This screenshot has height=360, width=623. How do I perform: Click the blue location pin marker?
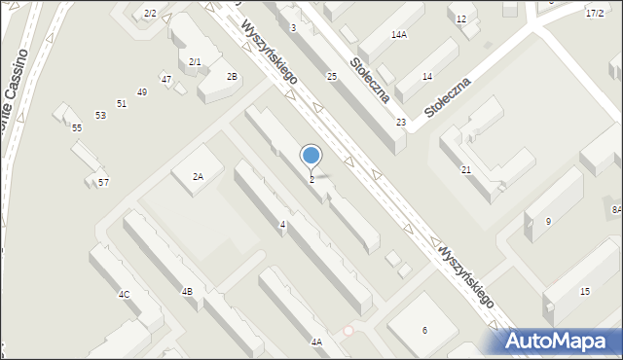click(311, 156)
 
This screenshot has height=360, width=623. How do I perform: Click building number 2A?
click(198, 176)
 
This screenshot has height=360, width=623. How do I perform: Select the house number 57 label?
click(103, 183)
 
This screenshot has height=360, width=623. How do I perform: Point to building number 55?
click(77, 127)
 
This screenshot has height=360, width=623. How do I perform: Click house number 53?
click(100, 115)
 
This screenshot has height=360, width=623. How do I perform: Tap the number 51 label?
click(122, 103)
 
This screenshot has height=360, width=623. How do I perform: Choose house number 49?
click(142, 91)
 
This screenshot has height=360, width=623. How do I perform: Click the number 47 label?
click(166, 79)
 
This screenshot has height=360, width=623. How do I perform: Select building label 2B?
click(232, 76)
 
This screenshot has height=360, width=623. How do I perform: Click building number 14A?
click(398, 34)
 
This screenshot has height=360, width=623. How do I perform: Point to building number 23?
click(401, 122)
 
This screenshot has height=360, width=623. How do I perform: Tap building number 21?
click(466, 170)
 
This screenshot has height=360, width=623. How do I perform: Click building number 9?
click(548, 222)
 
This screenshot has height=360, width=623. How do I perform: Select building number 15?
click(584, 292)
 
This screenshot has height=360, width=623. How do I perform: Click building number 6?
click(424, 330)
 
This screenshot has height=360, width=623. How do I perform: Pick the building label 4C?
click(124, 294)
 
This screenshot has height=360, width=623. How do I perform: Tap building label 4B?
click(186, 291)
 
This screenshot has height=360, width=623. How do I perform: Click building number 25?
click(332, 76)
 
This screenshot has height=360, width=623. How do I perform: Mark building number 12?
click(461, 19)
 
